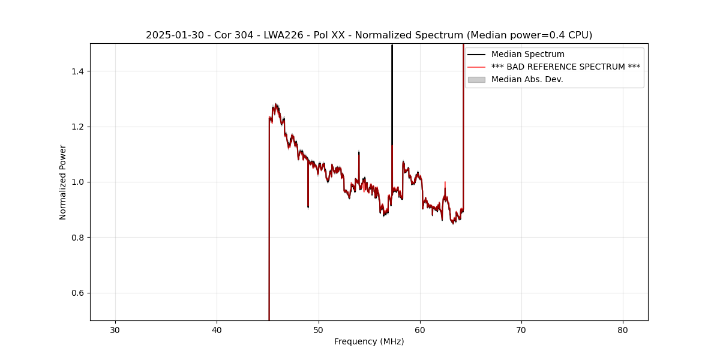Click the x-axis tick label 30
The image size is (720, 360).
115,330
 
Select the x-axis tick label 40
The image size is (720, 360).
217,330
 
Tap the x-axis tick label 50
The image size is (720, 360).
319,330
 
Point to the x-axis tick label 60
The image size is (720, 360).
420,330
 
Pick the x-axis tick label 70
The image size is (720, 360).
521,330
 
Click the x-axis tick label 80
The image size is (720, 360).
623,330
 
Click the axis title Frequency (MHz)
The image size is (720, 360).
369,341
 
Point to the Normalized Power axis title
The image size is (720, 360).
63,182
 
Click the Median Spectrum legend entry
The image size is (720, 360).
527,55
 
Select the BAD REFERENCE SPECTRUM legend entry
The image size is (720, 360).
565,67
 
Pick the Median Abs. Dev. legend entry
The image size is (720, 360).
527,79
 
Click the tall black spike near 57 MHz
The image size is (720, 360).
392,90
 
